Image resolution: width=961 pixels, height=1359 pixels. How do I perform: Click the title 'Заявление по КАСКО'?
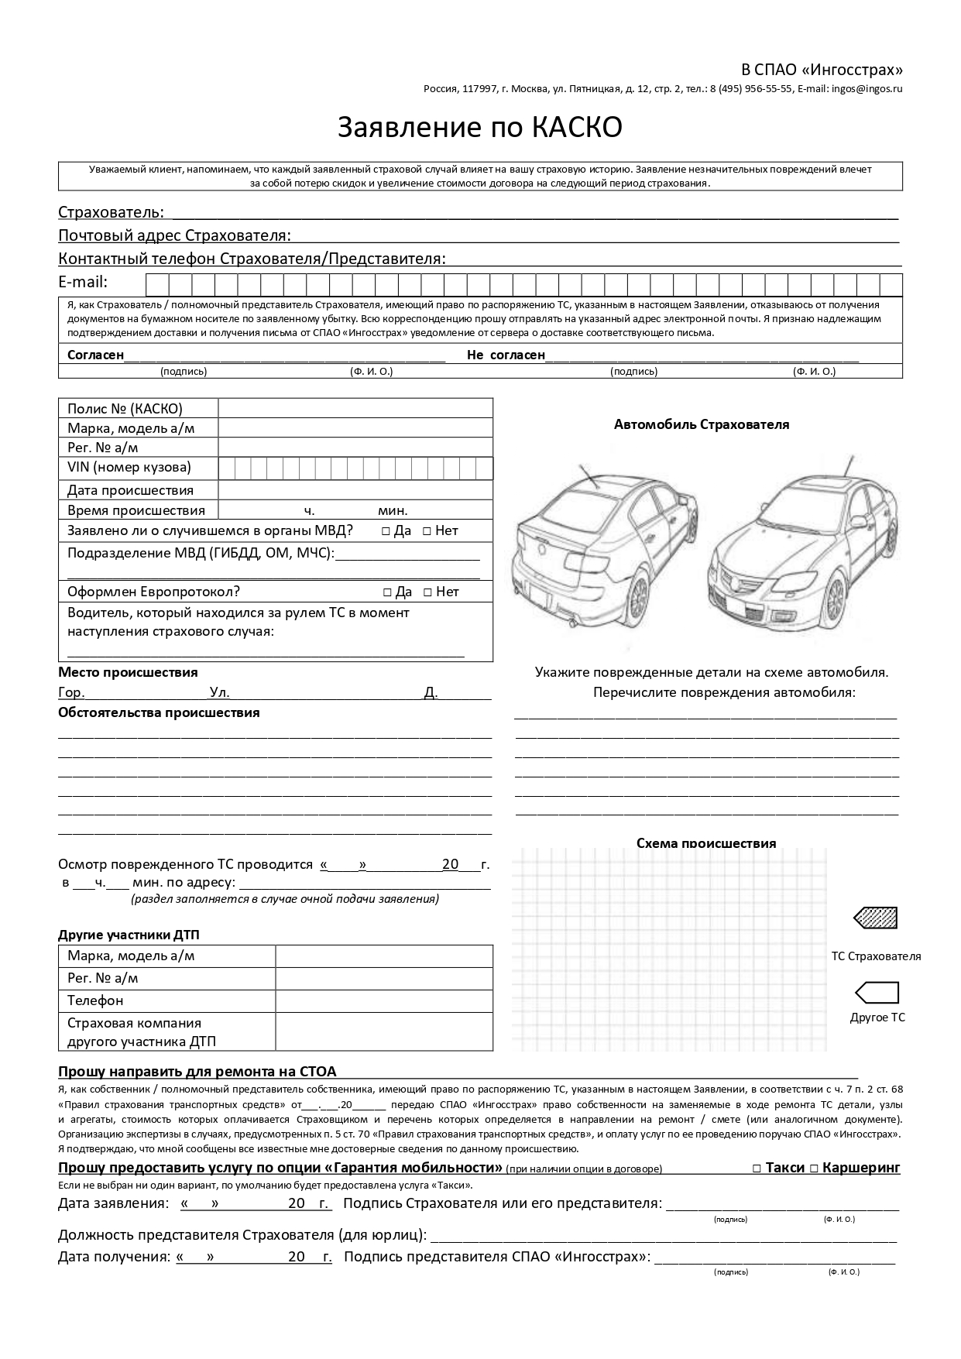(479, 128)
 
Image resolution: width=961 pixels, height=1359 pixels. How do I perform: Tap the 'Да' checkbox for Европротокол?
(387, 592)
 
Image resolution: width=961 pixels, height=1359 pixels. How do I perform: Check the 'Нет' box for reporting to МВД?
(427, 531)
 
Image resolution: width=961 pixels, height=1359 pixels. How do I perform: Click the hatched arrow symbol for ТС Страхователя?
(876, 918)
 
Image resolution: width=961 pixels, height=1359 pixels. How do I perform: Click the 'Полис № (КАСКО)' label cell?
(125, 409)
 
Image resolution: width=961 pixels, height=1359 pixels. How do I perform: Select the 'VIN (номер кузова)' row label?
(129, 468)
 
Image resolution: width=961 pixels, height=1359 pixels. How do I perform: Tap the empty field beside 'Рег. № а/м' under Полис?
(355, 448)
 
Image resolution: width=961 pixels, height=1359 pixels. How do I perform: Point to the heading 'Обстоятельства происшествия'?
(159, 712)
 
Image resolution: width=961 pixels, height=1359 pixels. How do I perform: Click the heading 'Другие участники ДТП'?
(133, 935)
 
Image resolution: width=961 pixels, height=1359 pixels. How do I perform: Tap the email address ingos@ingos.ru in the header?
(867, 88)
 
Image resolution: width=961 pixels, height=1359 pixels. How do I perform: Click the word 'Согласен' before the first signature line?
(95, 355)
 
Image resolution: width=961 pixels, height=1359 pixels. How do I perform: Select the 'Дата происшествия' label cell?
(130, 490)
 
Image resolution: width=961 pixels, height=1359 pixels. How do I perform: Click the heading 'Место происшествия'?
(128, 672)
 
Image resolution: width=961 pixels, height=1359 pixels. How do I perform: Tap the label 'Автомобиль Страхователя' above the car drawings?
(701, 424)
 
